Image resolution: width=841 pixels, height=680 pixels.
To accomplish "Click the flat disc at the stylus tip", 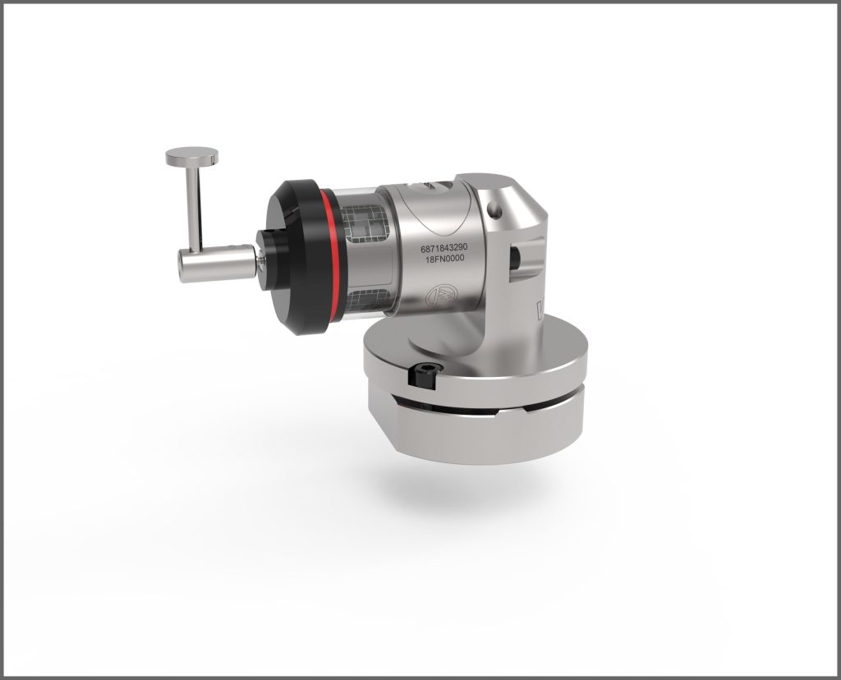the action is click(192, 156).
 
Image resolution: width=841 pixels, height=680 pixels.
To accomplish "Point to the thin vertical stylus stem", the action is click(194, 207).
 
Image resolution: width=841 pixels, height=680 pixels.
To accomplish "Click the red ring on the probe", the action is click(325, 256).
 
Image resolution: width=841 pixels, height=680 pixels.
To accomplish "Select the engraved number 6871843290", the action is click(444, 248).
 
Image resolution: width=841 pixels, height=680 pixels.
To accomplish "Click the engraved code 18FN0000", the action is click(444, 259).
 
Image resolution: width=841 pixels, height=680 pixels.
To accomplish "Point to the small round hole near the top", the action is click(495, 209).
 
